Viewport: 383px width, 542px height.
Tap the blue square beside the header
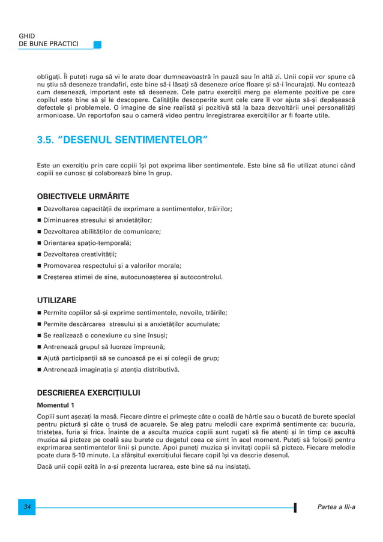97,44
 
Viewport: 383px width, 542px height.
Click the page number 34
27,508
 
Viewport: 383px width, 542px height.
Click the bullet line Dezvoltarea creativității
80,254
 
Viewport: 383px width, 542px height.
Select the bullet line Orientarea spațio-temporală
87,242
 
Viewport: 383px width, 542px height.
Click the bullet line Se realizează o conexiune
105,336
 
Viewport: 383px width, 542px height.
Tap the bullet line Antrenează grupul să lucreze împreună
104,347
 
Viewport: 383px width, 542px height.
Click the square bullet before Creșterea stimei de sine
39,277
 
